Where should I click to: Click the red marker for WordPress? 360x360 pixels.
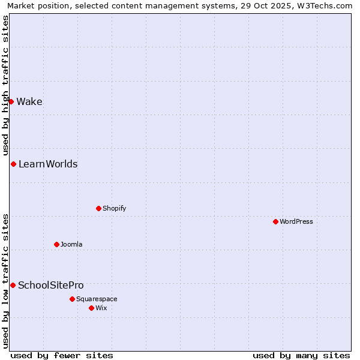click(x=275, y=221)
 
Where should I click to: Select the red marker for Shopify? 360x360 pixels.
click(x=98, y=208)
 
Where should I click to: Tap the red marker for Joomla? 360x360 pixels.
click(x=56, y=244)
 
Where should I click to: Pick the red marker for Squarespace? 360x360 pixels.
click(x=72, y=299)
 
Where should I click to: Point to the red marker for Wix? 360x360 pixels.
click(x=91, y=308)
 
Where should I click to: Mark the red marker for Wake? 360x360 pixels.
click(x=11, y=101)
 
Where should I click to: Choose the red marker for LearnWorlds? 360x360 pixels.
click(x=13, y=164)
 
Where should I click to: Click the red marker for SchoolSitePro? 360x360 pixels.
click(x=13, y=285)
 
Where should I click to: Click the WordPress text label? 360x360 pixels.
click(x=296, y=221)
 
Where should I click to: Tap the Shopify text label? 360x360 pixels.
click(x=114, y=208)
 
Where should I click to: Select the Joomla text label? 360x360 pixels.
click(x=71, y=244)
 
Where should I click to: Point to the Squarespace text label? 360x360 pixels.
click(x=97, y=299)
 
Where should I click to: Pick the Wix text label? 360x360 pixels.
click(x=101, y=308)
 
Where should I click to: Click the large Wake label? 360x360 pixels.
click(x=29, y=101)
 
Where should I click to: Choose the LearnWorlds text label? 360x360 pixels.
click(x=48, y=164)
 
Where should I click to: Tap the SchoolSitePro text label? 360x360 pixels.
click(x=51, y=285)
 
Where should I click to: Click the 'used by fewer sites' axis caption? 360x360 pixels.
click(x=62, y=355)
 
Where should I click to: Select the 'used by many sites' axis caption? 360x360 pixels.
click(x=301, y=355)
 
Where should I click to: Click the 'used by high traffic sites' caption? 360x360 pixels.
click(x=5, y=84)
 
